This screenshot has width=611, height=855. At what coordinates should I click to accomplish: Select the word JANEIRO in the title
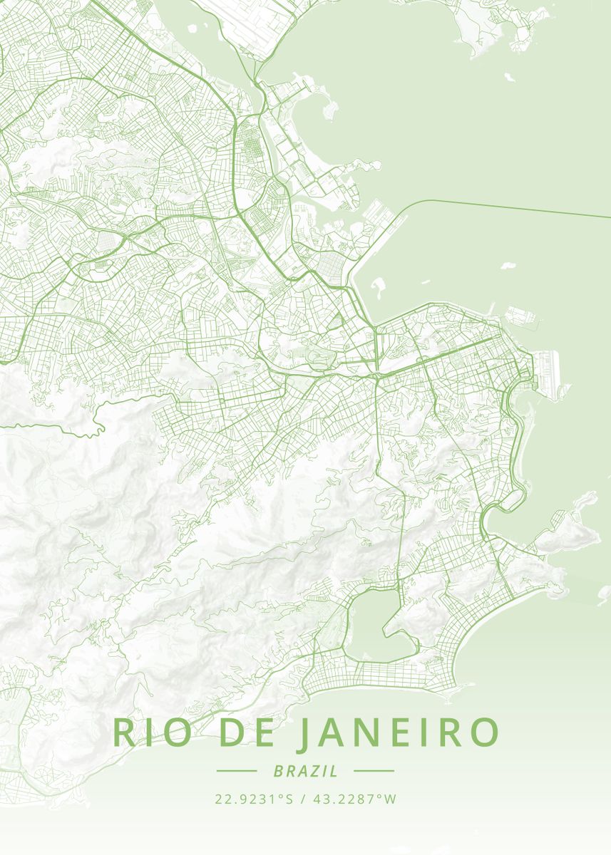(x=398, y=732)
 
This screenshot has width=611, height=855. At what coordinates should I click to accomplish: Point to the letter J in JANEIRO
(x=304, y=734)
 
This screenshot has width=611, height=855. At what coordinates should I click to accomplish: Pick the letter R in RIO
(x=123, y=732)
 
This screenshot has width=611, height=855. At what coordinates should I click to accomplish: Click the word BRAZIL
(x=305, y=771)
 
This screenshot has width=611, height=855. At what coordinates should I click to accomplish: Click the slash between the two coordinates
(x=302, y=799)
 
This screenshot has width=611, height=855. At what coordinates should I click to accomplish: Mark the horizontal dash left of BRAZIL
(x=236, y=771)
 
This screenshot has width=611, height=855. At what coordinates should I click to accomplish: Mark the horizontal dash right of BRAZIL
(x=374, y=771)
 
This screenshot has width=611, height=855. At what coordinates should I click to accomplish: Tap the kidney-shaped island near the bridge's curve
(x=377, y=289)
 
